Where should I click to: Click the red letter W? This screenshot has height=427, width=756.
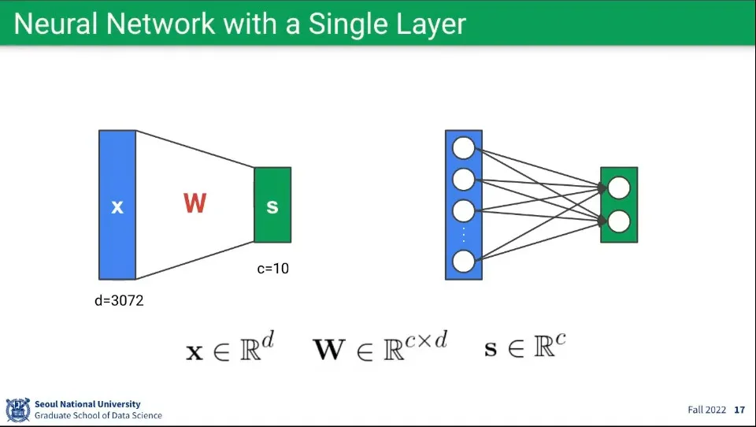(x=195, y=203)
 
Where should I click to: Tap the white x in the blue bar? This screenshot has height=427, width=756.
(x=117, y=206)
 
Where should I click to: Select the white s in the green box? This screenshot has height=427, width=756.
(x=272, y=206)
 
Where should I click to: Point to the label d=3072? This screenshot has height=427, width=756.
(x=119, y=300)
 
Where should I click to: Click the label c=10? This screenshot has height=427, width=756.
(x=273, y=269)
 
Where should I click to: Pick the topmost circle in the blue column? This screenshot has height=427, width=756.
(x=464, y=148)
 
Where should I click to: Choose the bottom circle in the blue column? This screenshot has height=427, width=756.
(x=464, y=261)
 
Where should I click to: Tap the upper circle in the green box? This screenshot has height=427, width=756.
(x=619, y=188)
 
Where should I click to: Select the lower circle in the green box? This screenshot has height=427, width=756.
(x=619, y=221)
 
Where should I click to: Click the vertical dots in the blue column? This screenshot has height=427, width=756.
(x=464, y=235)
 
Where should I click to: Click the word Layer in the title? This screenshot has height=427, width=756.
(x=430, y=24)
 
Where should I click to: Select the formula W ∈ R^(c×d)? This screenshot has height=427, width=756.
(x=380, y=346)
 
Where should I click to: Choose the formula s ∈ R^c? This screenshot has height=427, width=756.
(x=524, y=346)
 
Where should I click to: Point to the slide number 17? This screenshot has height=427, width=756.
(x=739, y=410)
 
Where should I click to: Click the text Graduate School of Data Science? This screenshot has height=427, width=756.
(x=98, y=415)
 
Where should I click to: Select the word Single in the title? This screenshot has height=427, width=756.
(x=345, y=24)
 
